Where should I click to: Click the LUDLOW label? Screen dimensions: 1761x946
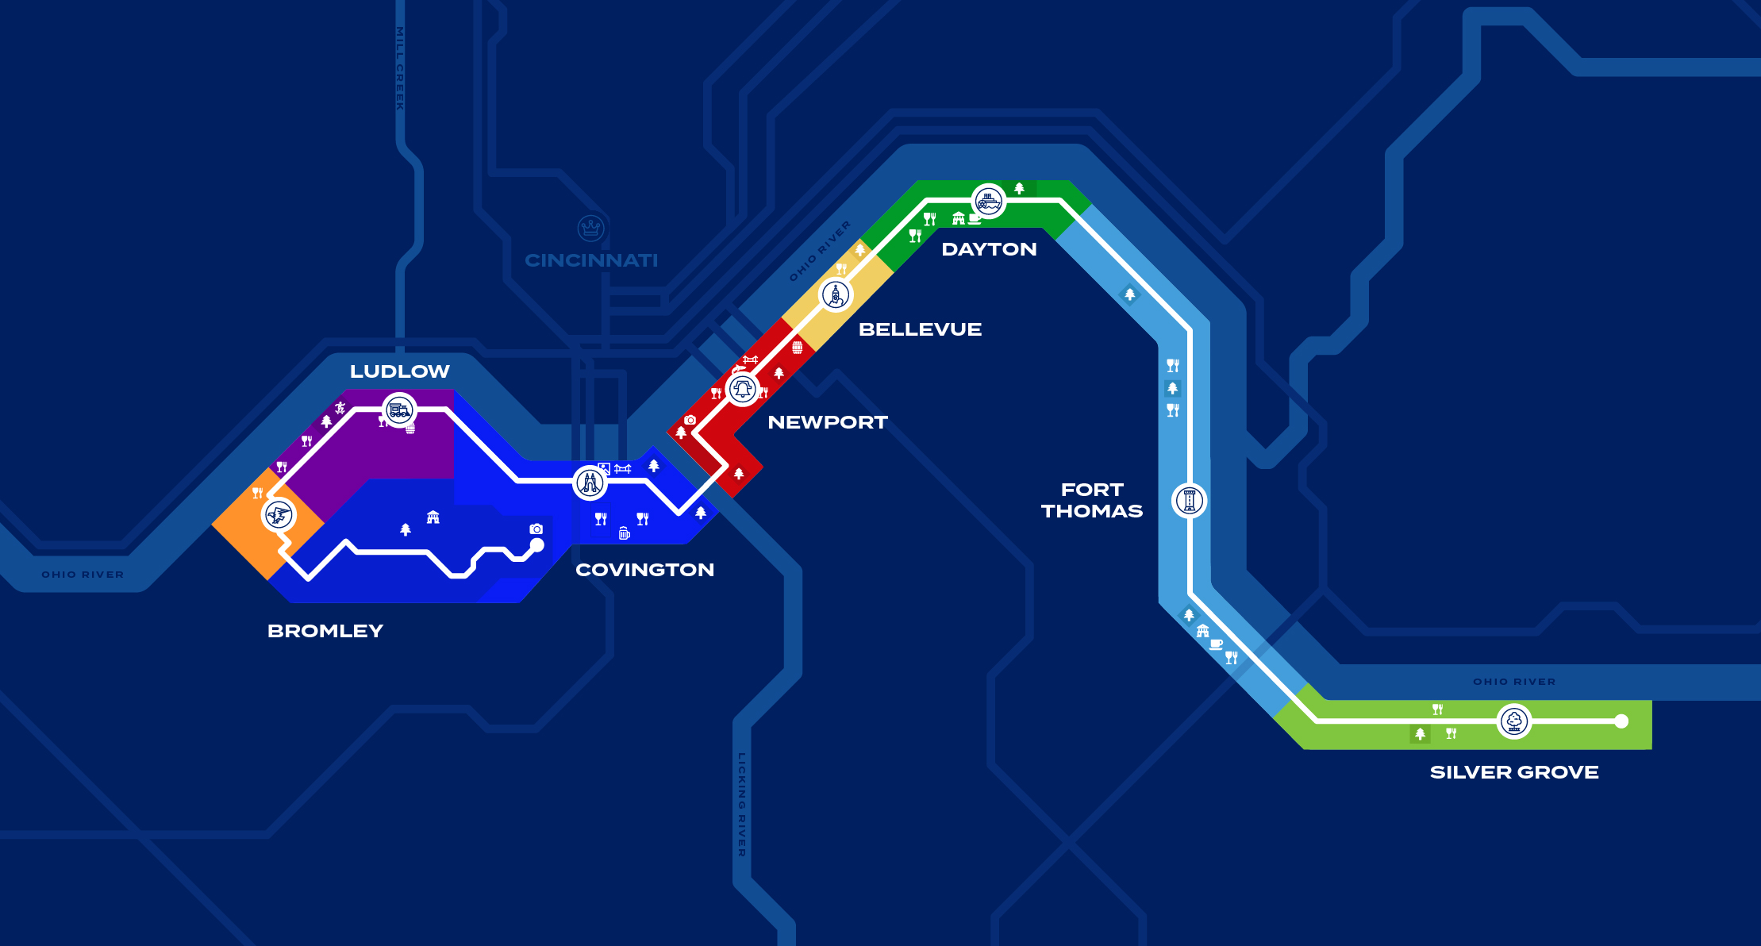(x=399, y=371)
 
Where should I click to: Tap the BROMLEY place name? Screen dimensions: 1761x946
(x=325, y=631)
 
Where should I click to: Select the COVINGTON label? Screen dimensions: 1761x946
(x=644, y=570)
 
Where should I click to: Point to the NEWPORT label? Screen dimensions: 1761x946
(x=828, y=422)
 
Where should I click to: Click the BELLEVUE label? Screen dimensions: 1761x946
(x=920, y=329)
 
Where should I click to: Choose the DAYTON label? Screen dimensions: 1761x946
(x=989, y=249)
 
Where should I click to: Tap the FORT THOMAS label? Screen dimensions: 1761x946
(x=1092, y=500)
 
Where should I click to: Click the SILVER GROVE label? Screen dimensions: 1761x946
(x=1514, y=772)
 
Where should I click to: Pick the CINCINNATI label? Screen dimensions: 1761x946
(x=591, y=260)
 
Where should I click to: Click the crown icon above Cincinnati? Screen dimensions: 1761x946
(x=591, y=229)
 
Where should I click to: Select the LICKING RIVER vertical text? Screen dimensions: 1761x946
(x=742, y=805)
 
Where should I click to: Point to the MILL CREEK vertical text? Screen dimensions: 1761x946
(x=400, y=68)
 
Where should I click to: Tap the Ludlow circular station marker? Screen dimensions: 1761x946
(x=399, y=410)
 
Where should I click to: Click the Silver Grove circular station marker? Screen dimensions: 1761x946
(x=1514, y=721)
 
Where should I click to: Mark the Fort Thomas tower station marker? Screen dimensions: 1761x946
(x=1190, y=501)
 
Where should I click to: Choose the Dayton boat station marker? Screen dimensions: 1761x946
(x=988, y=202)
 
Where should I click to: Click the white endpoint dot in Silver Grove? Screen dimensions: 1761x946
(x=1621, y=721)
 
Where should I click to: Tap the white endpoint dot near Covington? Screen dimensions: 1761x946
(x=537, y=545)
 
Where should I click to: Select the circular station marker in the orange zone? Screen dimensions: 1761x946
(x=279, y=515)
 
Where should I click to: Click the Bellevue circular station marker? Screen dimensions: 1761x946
(x=836, y=295)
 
